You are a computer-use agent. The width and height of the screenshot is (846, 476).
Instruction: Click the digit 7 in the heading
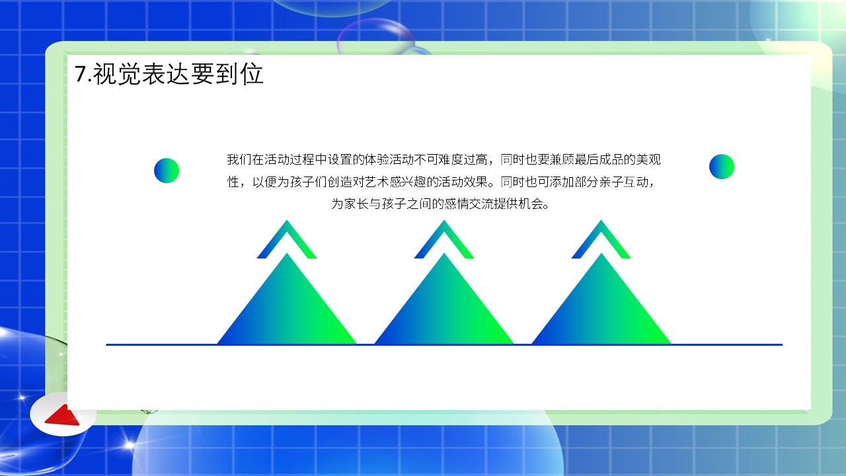point(81,73)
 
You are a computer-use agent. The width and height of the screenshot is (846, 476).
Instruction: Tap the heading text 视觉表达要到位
point(178,73)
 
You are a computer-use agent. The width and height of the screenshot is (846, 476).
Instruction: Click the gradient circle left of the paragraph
point(167,171)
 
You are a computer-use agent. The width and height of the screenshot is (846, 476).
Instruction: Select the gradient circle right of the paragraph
point(722,167)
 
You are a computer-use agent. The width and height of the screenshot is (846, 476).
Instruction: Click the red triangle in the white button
point(63,416)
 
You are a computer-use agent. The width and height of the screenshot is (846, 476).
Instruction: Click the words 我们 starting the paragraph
point(239,159)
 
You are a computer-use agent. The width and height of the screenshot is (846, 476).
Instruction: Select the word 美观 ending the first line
point(648,159)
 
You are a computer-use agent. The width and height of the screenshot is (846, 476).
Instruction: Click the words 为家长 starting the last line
point(350,204)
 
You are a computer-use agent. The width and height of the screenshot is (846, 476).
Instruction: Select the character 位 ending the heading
point(252,73)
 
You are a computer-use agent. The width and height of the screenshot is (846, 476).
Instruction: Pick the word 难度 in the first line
point(451,159)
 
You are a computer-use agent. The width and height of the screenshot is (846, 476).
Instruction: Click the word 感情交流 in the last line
point(469,204)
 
